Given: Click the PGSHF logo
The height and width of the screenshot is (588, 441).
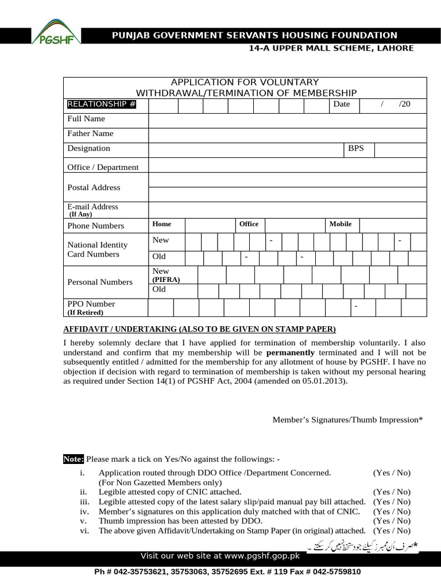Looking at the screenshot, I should click(55, 32).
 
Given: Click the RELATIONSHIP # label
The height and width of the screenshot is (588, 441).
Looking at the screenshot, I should click(102, 104).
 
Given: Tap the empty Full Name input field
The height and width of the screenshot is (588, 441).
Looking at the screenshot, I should click(287, 119).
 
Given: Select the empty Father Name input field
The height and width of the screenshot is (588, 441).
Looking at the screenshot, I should click(287, 134).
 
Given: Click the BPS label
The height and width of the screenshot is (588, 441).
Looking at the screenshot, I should click(356, 148).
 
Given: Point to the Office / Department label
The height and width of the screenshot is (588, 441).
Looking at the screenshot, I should click(103, 167).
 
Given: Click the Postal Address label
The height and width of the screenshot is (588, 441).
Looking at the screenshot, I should click(94, 187).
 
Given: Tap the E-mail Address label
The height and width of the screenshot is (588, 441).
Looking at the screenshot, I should click(92, 207).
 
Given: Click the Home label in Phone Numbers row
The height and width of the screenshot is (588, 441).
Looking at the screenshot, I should click(161, 224).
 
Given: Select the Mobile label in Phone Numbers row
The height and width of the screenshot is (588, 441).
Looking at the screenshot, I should click(340, 224).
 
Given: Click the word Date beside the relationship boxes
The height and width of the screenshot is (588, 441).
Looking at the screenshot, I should click(342, 104).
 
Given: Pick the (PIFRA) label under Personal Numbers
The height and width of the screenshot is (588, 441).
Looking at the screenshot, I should click(166, 280).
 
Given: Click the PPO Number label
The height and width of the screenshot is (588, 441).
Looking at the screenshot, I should click(91, 304).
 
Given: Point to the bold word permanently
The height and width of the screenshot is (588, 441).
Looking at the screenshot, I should click(291, 352).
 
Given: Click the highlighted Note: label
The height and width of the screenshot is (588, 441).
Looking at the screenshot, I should click(73, 459).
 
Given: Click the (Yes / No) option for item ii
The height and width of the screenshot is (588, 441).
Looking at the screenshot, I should click(392, 492).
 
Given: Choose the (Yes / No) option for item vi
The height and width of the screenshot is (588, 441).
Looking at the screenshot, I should click(392, 531).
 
